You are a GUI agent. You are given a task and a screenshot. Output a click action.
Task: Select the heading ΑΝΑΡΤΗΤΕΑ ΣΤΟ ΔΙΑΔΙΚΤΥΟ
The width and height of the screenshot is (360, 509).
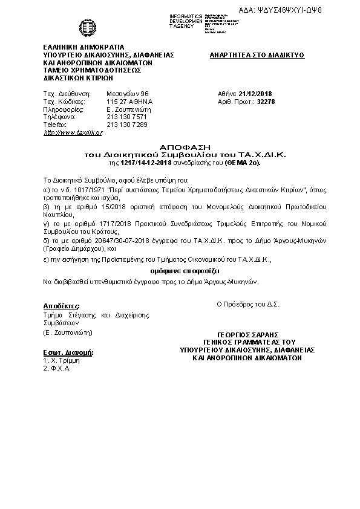pos(257,55)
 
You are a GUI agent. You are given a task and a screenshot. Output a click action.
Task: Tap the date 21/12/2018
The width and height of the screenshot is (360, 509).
pos(256,94)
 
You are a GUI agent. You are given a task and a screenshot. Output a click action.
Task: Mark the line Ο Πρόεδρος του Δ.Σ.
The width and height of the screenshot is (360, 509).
pos(247,305)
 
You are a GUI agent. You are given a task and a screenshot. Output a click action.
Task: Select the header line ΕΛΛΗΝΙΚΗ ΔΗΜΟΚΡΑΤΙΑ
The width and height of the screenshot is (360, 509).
pos(83,47)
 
